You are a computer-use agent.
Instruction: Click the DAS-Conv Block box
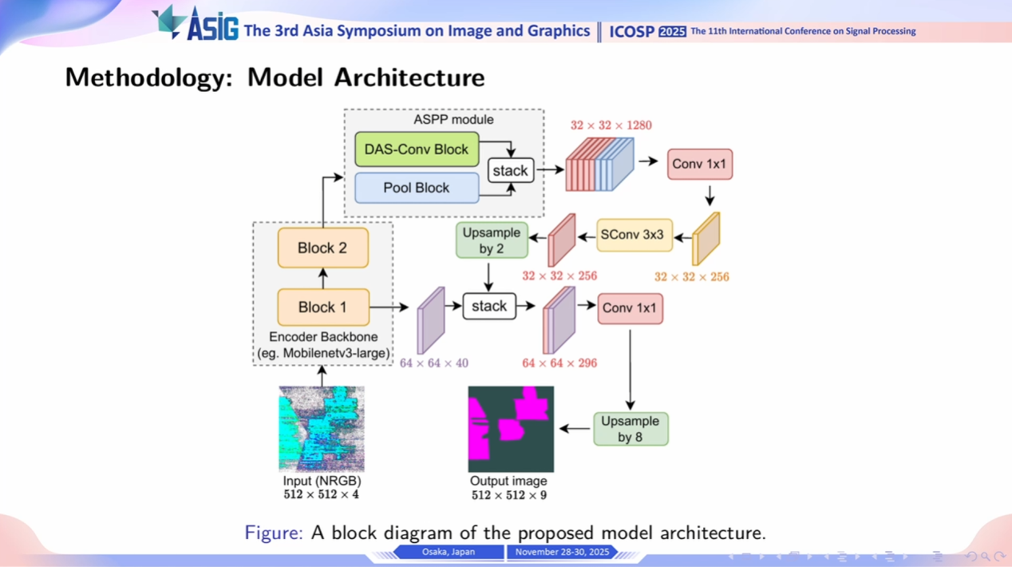[x=417, y=149]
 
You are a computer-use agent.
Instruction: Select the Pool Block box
[x=417, y=188]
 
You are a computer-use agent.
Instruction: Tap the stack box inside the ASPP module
[x=510, y=170]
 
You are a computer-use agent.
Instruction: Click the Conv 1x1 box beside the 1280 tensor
[x=699, y=164]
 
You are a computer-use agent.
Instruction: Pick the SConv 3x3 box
[x=634, y=236]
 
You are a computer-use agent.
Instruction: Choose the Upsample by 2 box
[x=492, y=240]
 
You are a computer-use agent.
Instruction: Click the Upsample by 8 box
[x=631, y=429]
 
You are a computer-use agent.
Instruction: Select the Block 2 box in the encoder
[x=322, y=248]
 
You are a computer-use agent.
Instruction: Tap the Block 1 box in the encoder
[x=322, y=307]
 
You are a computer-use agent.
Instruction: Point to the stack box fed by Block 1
[x=489, y=306]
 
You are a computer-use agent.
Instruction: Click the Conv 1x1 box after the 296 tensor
[x=630, y=308]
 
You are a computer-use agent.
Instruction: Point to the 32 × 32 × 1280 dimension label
[x=611, y=125]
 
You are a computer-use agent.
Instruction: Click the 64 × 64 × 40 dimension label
[x=433, y=363]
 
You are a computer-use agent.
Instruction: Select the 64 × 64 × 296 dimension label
[x=559, y=363]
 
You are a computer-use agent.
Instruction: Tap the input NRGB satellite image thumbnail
[x=322, y=429]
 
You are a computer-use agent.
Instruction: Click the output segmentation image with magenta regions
[x=511, y=429]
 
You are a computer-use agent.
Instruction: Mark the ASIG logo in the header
[x=196, y=24]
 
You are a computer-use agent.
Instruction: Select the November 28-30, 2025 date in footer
[x=562, y=552]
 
